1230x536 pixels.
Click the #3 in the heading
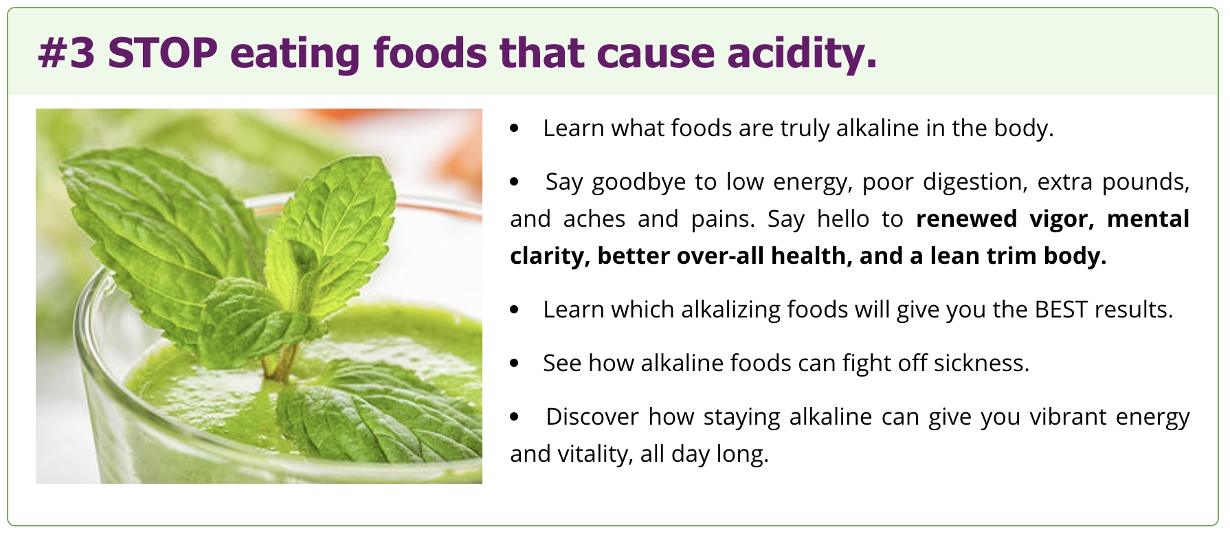pos(66,53)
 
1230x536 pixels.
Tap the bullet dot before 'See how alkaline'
pos(515,364)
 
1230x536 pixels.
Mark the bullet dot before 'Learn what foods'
pos(515,129)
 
